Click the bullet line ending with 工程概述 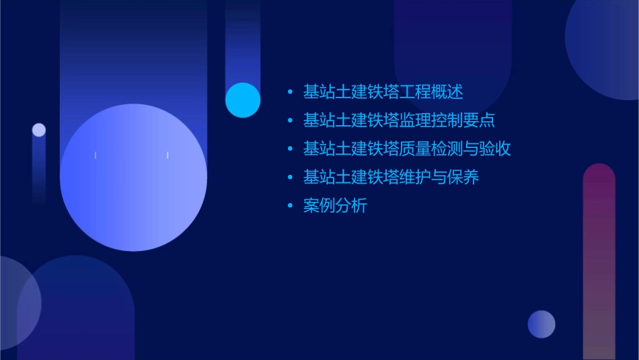(383, 92)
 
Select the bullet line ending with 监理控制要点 (399, 120)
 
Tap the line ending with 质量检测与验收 (407, 149)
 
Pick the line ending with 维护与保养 (391, 178)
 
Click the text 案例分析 (335, 206)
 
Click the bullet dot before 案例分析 (290, 206)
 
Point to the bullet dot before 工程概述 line (290, 92)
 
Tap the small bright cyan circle (243, 100)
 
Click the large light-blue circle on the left (133, 178)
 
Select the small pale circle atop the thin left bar (39, 130)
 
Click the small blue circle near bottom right (541, 324)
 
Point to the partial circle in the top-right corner (605, 47)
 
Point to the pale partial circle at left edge (17, 303)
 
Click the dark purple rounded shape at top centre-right (452, 47)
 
